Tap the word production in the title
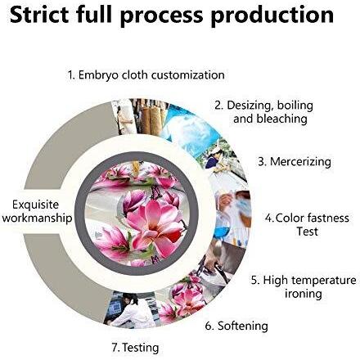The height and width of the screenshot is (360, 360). click(272, 16)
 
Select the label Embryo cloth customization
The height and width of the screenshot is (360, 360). click(151, 75)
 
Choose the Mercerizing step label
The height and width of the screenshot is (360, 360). click(300, 161)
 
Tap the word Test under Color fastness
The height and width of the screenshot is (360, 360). click(307, 232)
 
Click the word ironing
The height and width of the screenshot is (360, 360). click(304, 294)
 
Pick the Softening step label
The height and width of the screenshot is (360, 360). click(243, 326)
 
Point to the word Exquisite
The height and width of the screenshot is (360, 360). click(35, 205)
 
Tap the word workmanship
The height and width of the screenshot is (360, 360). click(37, 218)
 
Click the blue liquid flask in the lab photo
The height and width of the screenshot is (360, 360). click(222, 228)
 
